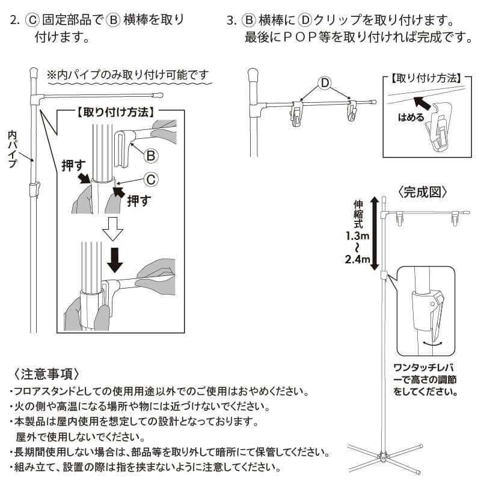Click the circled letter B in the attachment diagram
(150, 156)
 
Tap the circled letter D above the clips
(324, 82)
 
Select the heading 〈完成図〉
(423, 193)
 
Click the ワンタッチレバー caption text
(423, 379)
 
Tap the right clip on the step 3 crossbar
(352, 112)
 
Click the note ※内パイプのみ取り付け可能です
(129, 75)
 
